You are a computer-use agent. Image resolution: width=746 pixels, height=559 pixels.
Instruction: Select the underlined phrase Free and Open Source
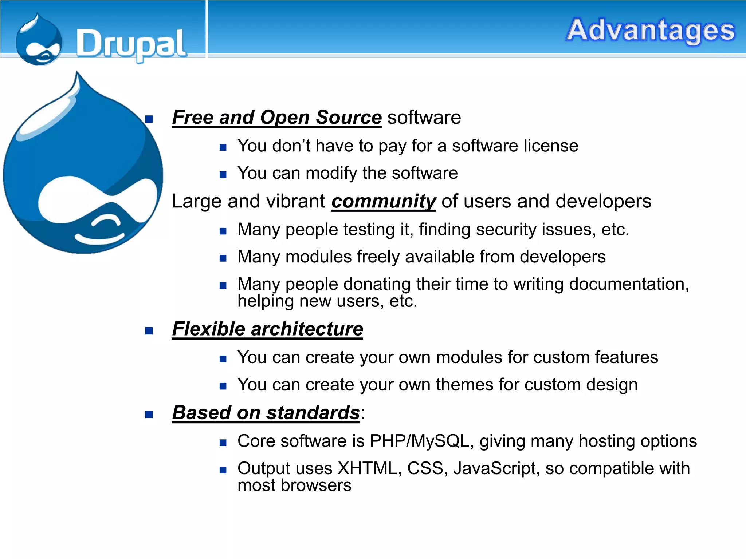(276, 118)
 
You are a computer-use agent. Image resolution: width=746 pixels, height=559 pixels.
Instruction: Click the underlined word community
(383, 201)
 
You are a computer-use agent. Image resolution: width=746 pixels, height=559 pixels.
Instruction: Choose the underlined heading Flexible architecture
(267, 329)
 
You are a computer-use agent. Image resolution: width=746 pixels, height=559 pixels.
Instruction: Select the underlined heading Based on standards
(266, 413)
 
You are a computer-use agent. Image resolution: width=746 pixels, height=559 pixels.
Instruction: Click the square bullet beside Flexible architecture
(149, 330)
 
